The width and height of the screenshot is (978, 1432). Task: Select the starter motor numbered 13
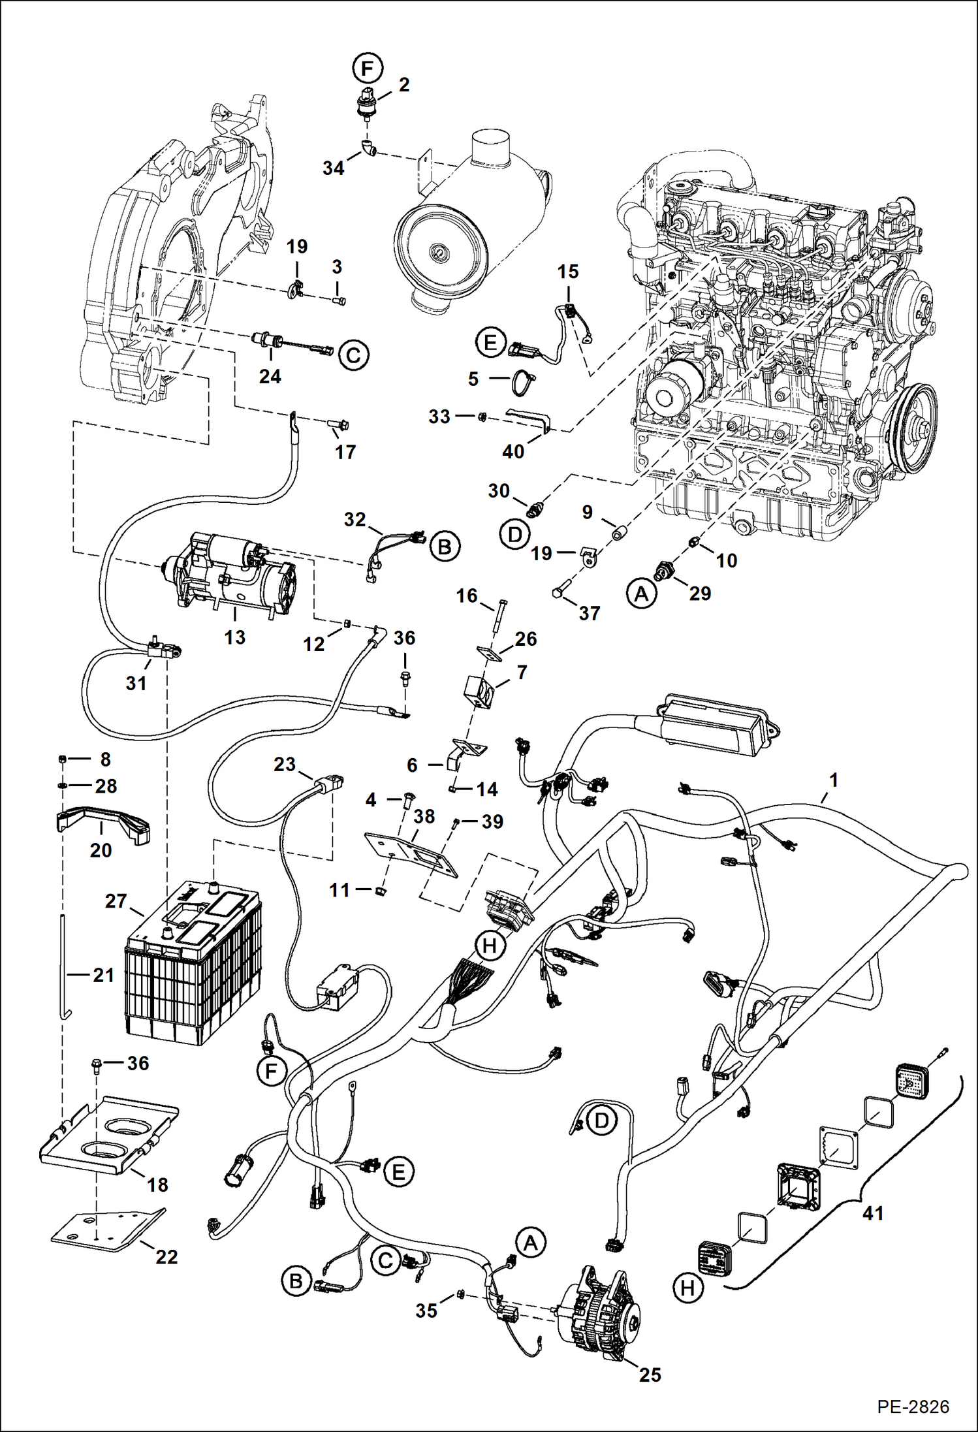point(232,572)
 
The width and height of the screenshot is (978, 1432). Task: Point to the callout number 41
point(872,1213)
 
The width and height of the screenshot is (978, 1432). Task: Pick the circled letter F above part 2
point(367,68)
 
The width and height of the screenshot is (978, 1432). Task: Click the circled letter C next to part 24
point(353,356)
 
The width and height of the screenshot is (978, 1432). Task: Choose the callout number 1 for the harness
point(833,780)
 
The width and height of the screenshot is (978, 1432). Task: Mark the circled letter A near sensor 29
point(641,594)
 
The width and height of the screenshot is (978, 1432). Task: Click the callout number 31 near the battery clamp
point(136,683)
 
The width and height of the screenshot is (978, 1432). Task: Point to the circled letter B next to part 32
point(445,546)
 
